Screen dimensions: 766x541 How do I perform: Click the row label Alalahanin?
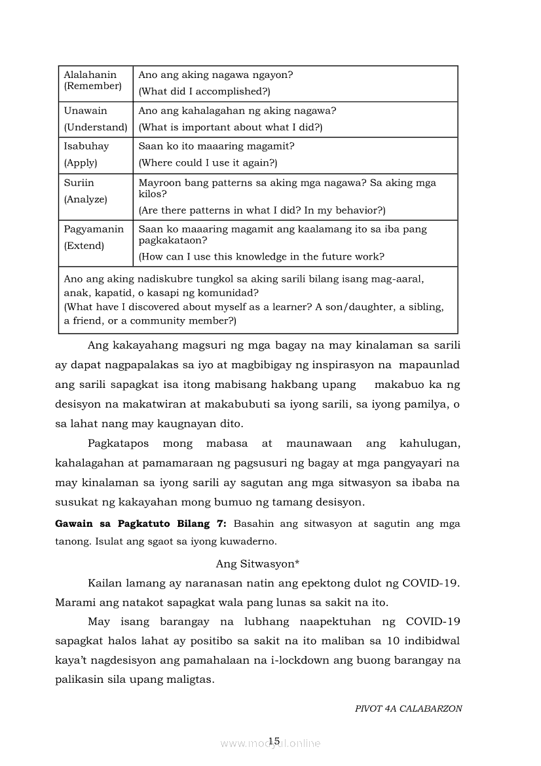point(90,75)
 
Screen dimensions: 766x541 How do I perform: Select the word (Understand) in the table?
point(95,127)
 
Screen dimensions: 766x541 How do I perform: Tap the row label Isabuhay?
point(86,146)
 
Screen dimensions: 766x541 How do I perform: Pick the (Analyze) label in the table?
point(85,199)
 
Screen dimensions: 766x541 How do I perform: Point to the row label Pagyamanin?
point(94,229)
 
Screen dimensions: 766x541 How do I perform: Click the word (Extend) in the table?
point(84,246)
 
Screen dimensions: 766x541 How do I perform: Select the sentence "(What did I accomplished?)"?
point(204,92)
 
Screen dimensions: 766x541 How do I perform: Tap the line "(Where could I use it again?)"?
point(208,163)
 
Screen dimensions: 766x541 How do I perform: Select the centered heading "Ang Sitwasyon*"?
point(257,564)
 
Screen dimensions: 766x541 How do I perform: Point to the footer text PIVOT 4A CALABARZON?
point(408,708)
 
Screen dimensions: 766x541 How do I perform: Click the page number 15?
point(274,741)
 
